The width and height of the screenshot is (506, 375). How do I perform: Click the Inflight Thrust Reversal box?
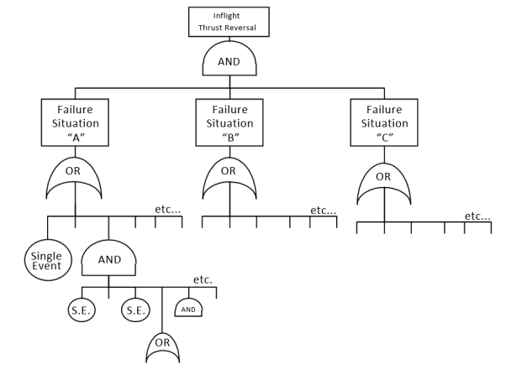(x=229, y=21)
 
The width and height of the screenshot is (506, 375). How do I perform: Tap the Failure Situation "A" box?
(x=75, y=122)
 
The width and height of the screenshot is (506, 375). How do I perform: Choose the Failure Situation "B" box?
(x=229, y=122)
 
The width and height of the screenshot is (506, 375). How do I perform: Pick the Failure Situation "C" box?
(x=384, y=122)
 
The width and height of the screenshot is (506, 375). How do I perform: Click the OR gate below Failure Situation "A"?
(x=75, y=179)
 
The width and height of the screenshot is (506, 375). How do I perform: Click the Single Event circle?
(x=47, y=261)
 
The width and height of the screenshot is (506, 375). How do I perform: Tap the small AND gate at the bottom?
(x=189, y=310)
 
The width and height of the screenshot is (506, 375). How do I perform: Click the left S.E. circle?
(x=82, y=310)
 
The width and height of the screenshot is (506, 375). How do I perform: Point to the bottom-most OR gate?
(x=162, y=346)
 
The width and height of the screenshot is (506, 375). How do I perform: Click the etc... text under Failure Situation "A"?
(x=168, y=208)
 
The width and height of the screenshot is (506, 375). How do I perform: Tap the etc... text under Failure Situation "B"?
(x=323, y=210)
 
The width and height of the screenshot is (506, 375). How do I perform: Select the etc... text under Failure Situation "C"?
(x=478, y=216)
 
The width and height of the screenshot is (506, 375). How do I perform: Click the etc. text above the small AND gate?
(x=203, y=279)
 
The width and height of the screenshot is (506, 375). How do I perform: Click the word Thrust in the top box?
(x=213, y=28)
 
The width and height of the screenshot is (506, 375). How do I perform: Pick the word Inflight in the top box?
(x=229, y=14)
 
